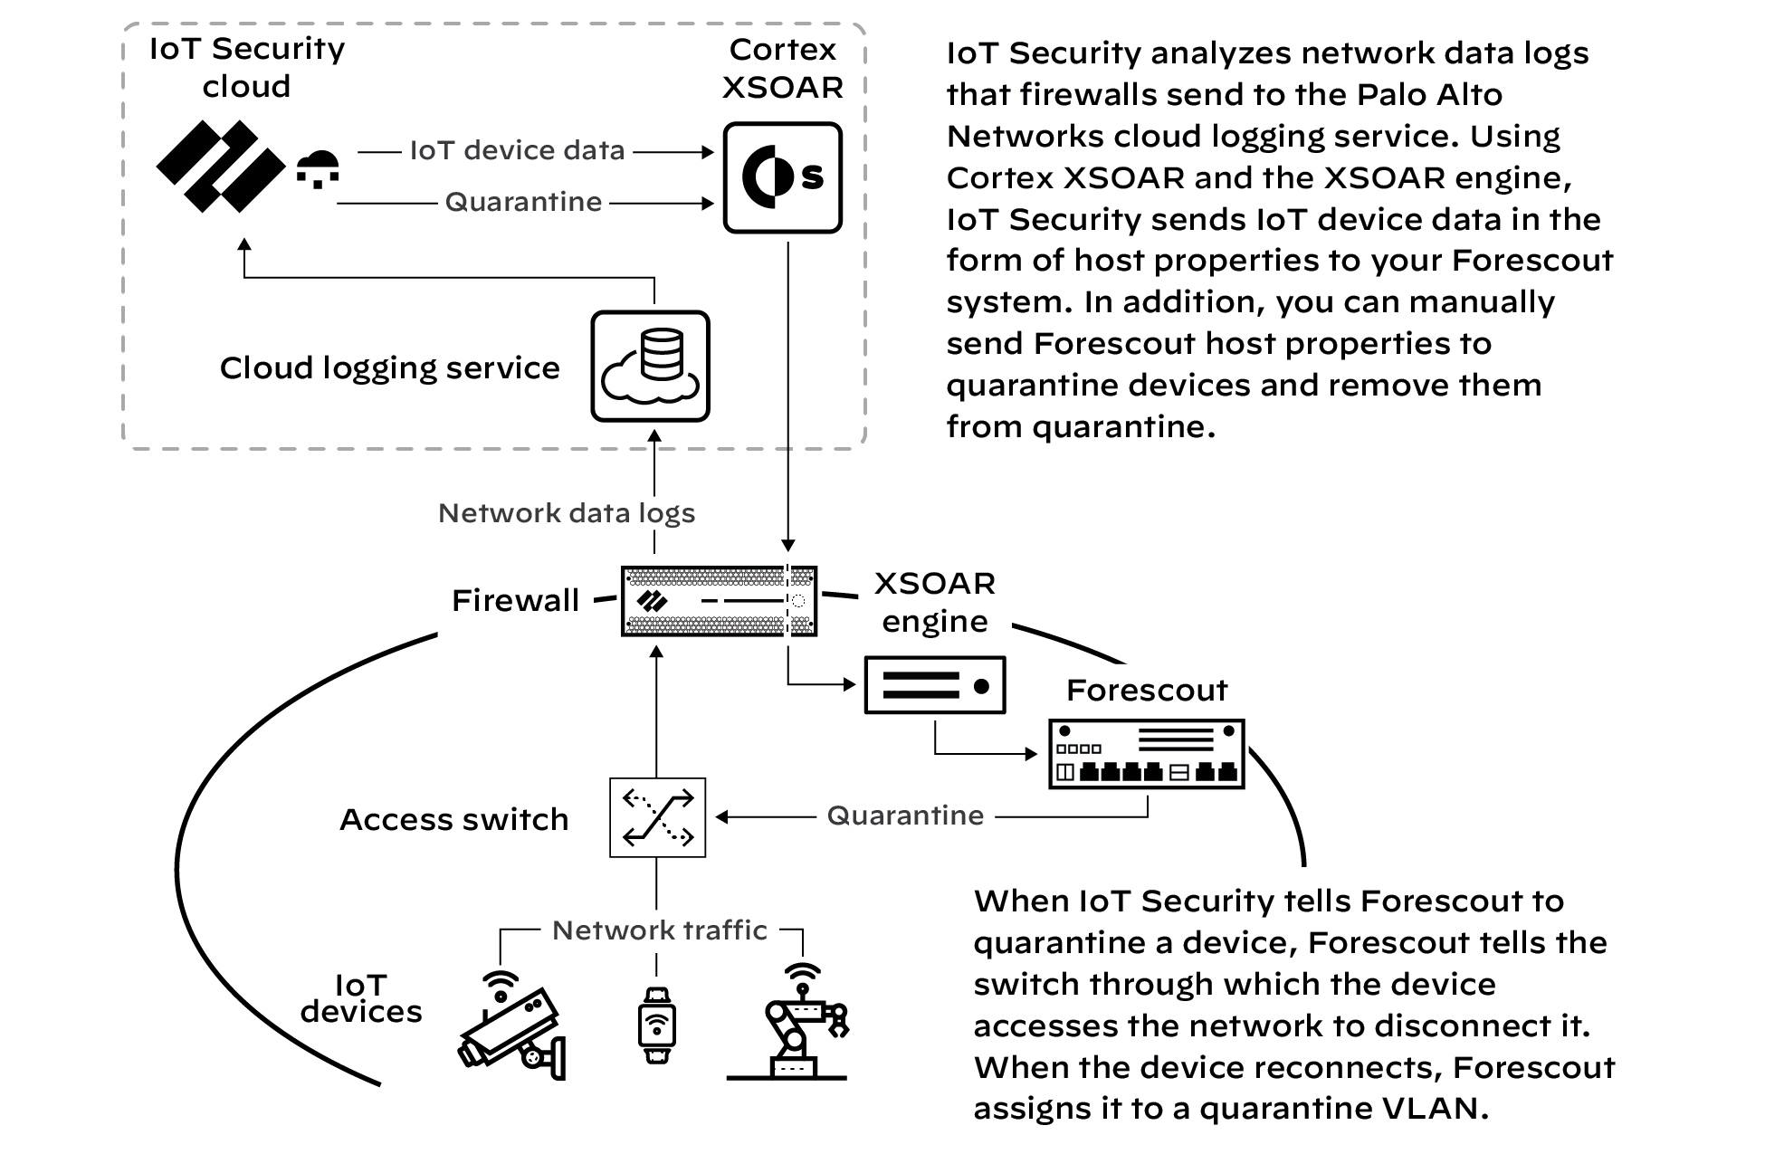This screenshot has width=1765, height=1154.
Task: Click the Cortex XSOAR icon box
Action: (x=782, y=177)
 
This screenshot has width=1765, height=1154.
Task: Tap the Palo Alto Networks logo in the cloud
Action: (x=220, y=167)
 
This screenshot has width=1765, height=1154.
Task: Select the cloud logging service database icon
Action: (x=650, y=366)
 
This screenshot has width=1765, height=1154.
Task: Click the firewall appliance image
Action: (x=719, y=601)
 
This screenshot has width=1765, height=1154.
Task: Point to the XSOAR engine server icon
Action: (x=934, y=685)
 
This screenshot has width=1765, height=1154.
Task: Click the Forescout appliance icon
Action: (x=1146, y=754)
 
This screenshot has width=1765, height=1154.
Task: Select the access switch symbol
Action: (x=657, y=817)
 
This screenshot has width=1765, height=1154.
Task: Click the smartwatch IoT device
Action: (x=656, y=1024)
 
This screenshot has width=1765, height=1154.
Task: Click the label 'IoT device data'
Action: (x=517, y=150)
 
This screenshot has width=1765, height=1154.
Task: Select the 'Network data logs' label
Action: (x=567, y=513)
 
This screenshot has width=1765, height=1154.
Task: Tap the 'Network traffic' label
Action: (x=659, y=930)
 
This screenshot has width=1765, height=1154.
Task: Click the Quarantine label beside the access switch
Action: (x=905, y=815)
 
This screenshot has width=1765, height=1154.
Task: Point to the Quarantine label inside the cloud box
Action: (x=523, y=202)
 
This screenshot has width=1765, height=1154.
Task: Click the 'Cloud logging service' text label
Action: (x=389, y=367)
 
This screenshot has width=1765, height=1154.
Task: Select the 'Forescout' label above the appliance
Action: (x=1147, y=691)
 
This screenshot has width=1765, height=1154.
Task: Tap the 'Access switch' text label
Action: (x=453, y=819)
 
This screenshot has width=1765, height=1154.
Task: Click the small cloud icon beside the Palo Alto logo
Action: (x=318, y=168)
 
